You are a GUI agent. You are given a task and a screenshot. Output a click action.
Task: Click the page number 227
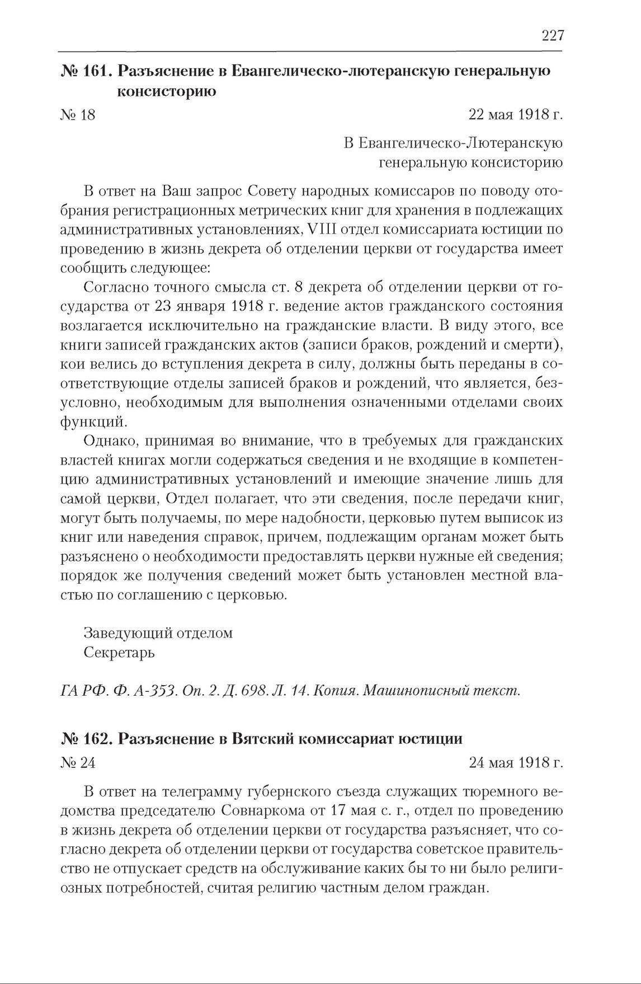(553, 36)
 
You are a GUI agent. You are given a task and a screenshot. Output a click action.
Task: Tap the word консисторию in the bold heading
(166, 91)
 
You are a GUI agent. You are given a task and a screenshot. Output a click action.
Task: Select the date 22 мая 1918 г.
(515, 115)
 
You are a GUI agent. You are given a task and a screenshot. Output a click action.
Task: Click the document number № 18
(77, 115)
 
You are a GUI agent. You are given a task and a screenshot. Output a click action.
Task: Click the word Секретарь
(119, 652)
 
